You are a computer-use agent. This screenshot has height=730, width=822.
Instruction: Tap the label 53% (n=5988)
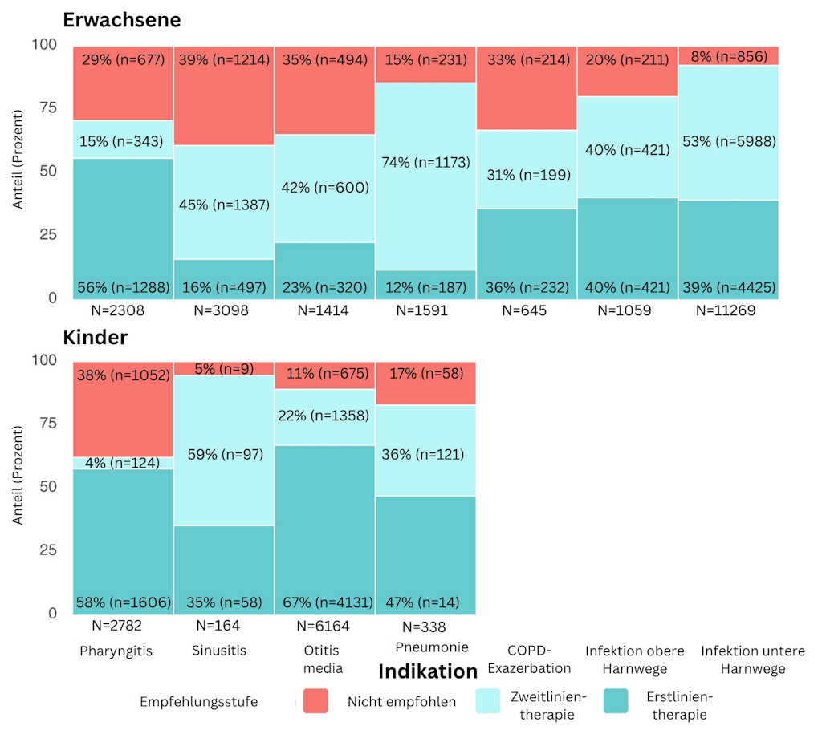[730, 141]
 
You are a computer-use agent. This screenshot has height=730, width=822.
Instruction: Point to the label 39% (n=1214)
[225, 60]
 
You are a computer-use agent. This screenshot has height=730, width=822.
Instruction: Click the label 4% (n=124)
[122, 463]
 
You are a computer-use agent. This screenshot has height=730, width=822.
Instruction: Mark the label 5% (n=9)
[225, 370]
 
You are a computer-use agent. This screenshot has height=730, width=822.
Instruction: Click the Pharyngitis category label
[116, 651]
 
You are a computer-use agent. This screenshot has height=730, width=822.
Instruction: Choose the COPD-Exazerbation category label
[528, 659]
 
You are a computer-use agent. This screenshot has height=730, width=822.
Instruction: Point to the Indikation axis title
[427, 671]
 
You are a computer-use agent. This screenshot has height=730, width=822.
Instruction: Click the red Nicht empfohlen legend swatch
[315, 700]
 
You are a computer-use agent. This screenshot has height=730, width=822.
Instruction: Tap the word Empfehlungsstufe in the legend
[199, 702]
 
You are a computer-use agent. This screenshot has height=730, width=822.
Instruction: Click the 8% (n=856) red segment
[730, 56]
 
